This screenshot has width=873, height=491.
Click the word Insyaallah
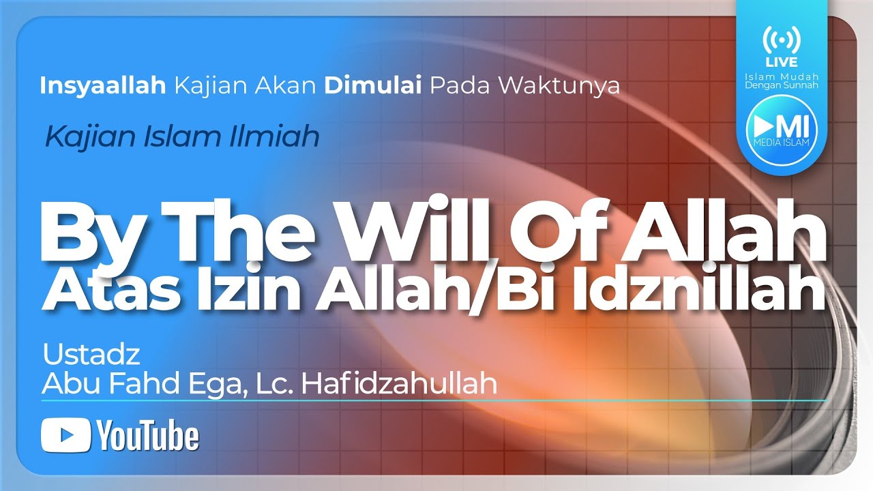click(103, 87)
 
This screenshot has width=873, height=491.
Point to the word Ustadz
click(91, 355)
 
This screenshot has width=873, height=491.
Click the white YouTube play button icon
click(66, 436)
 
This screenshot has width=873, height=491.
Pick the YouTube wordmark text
click(147, 436)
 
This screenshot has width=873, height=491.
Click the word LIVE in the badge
click(781, 63)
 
